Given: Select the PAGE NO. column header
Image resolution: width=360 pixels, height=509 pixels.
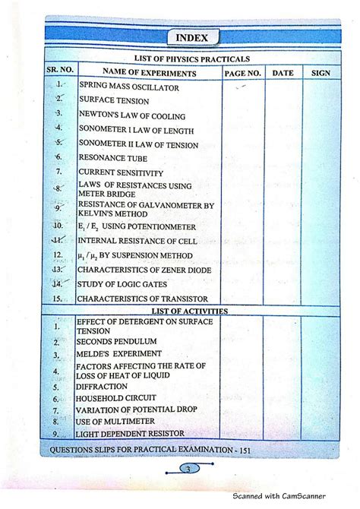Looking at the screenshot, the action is point(242,73).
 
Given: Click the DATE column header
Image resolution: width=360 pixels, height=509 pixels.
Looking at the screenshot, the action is point(283,73).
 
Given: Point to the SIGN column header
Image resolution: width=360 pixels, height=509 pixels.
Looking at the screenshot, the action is point(321,73).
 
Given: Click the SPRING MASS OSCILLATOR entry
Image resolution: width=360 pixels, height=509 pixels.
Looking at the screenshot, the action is point(129,88).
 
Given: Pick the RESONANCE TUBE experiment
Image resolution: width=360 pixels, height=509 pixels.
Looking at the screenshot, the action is point(113,158).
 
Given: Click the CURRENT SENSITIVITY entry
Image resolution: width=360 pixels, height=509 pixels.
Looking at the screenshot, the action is point(121,172).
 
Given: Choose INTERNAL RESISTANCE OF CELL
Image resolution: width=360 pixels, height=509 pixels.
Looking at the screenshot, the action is point(137,241).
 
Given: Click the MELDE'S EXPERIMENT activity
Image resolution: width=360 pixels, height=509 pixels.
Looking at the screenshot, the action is point(119,355).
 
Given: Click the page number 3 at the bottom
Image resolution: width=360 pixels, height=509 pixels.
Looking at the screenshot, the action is point(187,468).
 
